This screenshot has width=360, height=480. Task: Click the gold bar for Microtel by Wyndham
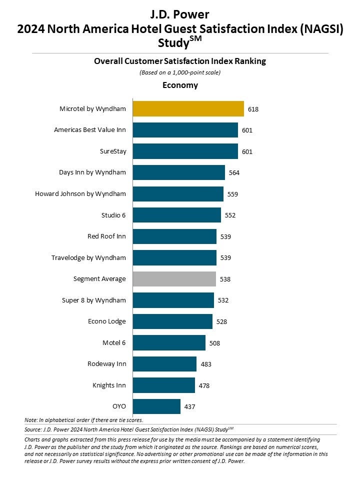coord(188,108)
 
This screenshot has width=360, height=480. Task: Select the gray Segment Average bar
coord(174,279)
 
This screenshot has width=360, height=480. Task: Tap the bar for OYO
coord(156,406)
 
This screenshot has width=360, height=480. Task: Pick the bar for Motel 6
coord(169,342)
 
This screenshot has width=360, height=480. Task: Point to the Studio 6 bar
coord(176,215)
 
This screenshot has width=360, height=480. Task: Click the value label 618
coord(253,108)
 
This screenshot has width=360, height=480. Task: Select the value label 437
coord(189,407)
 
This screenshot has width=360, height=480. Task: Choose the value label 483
coord(205,364)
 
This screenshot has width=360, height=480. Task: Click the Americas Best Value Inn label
coord(90,130)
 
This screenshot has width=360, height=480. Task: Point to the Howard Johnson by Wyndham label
coord(80,193)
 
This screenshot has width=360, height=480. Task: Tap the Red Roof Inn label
coord(106,236)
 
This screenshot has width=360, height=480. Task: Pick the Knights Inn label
coord(109,385)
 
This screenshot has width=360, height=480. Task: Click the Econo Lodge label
coord(106,321)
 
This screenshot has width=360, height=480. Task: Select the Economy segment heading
coord(180,85)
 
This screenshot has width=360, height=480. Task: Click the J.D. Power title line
coord(180,14)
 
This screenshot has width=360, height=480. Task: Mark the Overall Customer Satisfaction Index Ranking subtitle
coord(180,61)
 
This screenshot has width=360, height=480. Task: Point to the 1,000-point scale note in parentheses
coord(180,72)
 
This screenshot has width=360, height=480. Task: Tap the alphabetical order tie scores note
coord(83,419)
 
